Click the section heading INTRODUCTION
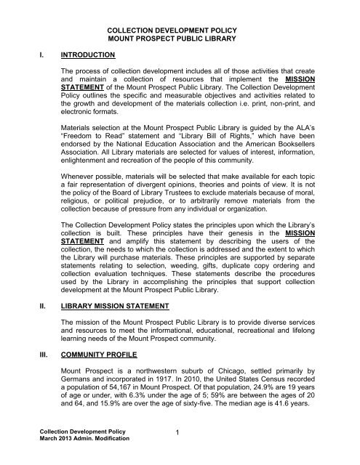pyautogui.click(x=94, y=54)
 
